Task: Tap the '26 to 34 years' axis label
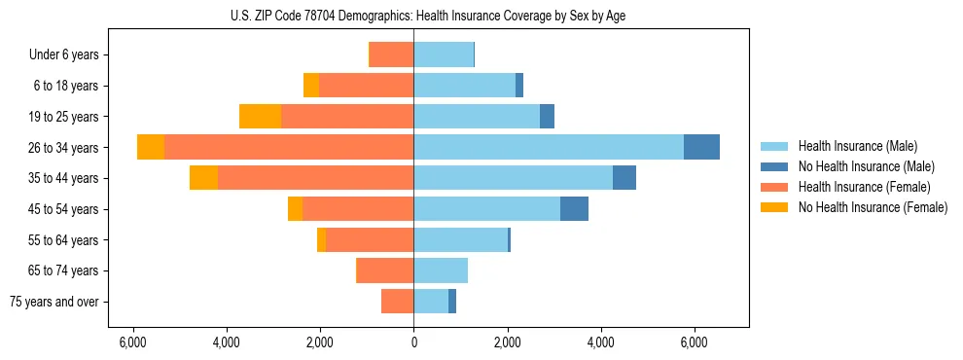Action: (x=63, y=148)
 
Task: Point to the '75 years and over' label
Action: (x=54, y=302)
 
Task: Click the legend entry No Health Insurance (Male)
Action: (x=866, y=166)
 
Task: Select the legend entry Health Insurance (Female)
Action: (x=864, y=187)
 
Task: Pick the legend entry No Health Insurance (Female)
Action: (x=873, y=207)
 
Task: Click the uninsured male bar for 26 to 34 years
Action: (x=701, y=147)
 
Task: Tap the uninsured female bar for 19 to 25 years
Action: (x=260, y=116)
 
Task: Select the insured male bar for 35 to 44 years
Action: (x=513, y=178)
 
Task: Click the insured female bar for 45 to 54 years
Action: (x=358, y=209)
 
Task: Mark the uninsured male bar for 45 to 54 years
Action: (x=574, y=209)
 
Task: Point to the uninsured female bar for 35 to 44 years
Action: (x=203, y=178)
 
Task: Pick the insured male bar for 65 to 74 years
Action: (x=441, y=270)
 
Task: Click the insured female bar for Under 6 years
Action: (x=392, y=54)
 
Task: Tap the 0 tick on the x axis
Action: (x=413, y=342)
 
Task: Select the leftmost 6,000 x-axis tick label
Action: (x=132, y=342)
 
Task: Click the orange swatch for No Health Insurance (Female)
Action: (x=773, y=207)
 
